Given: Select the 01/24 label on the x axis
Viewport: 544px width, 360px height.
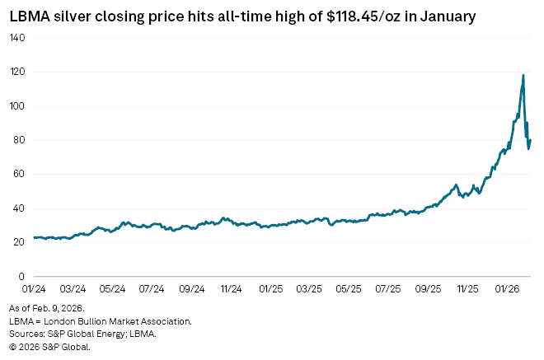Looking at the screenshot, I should (x=34, y=290).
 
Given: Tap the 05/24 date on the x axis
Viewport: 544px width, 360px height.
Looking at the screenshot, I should (x=112, y=290).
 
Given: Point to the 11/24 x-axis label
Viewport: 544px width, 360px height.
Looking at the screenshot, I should (x=231, y=290).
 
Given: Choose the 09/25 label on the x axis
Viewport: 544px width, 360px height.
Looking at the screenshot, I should (x=429, y=290).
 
